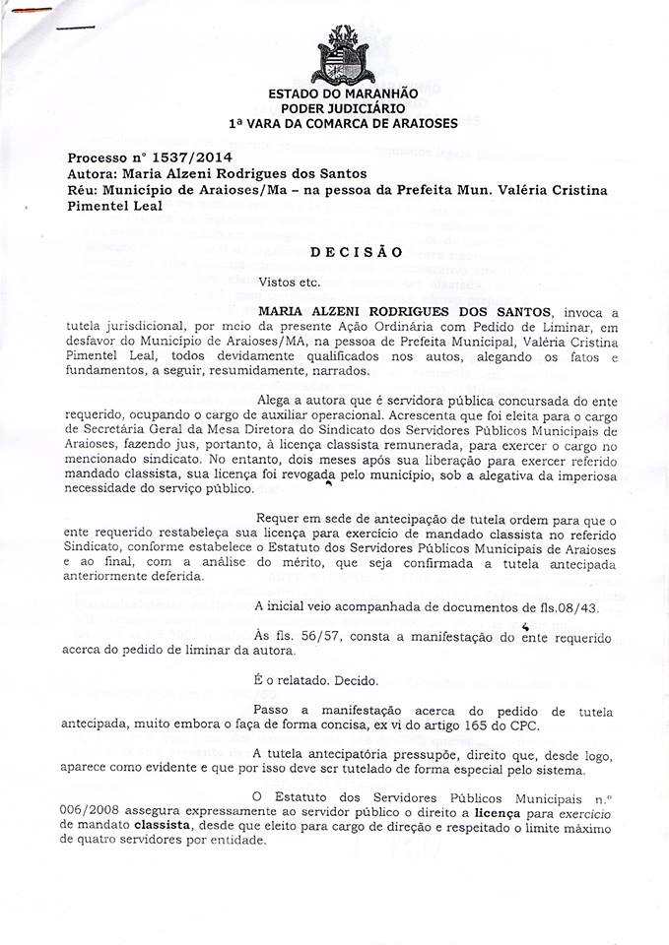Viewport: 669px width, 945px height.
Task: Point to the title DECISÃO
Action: pyautogui.click(x=356, y=251)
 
